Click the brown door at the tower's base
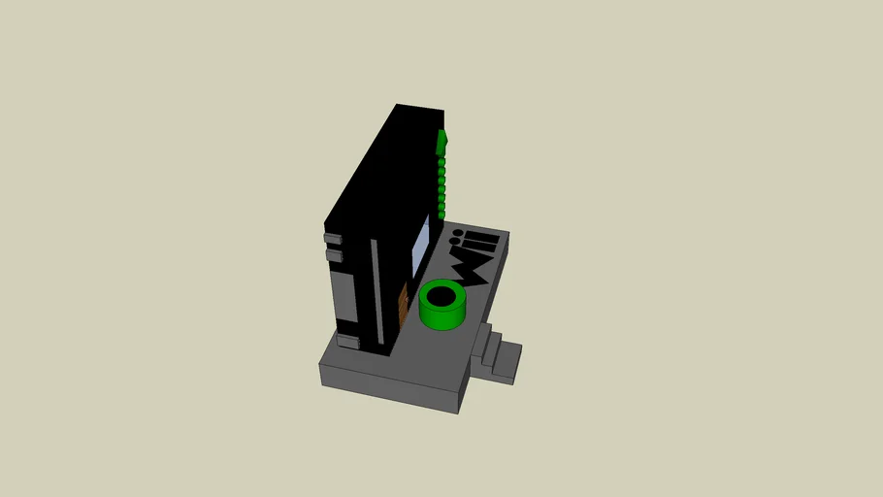pyautogui.click(x=403, y=307)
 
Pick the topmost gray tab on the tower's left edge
pyautogui.click(x=333, y=238)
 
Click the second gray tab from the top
pyautogui.click(x=334, y=255)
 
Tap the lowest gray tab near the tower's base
pyautogui.click(x=346, y=340)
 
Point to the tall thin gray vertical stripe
pyautogui.click(x=376, y=291)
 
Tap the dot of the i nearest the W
pyautogui.click(x=457, y=234)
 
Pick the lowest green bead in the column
pyautogui.click(x=441, y=213)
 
